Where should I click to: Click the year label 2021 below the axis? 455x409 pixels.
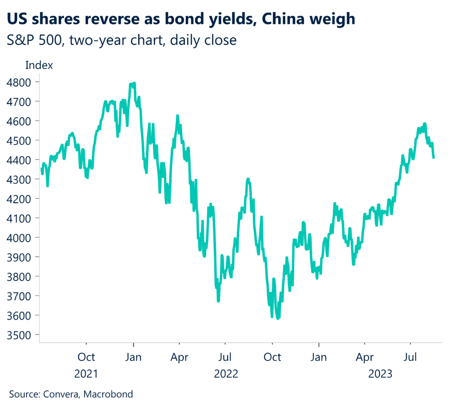[86, 374]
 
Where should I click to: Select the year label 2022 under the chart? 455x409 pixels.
[226, 374]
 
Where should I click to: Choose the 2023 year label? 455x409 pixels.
[380, 374]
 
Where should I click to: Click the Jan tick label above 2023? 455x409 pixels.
[319, 357]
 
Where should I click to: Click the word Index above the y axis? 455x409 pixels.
[39, 65]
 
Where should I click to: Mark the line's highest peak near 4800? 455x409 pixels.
[134, 83]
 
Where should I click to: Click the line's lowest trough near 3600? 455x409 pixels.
[278, 319]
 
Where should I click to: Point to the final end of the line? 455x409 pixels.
[434, 157]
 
